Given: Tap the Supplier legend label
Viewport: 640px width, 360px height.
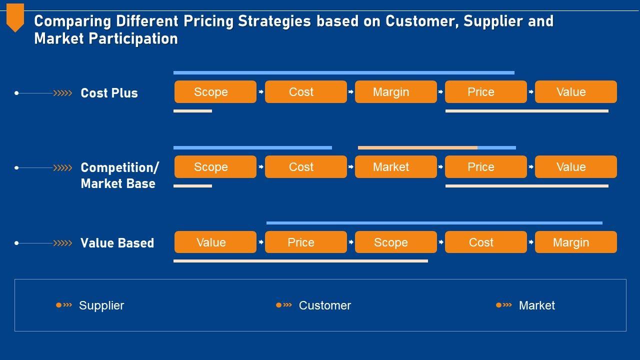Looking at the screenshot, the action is pos(101,305).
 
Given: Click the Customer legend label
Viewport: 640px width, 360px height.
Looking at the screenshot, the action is pos(325,305).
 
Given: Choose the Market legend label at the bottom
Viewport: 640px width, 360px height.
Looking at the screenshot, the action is pos(536,305).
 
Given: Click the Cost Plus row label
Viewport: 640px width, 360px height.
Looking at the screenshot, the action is pos(109,93).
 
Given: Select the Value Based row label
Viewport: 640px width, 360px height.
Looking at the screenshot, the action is pos(117,243).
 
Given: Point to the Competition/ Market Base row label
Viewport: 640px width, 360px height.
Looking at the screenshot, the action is pos(119,175).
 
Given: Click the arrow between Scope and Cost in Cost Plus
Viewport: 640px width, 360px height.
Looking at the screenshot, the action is pos(260,92).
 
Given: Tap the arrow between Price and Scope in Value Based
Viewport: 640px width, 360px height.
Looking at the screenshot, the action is pos(351,242).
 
